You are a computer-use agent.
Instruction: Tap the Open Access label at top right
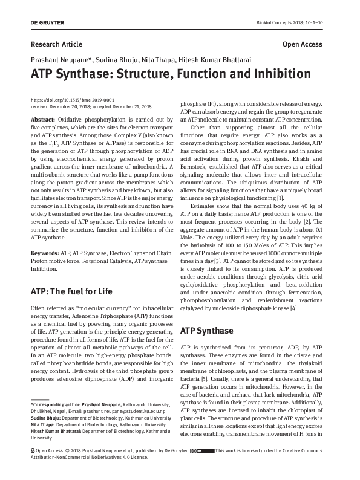[x=303, y=45]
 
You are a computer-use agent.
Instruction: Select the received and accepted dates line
[x=91, y=106]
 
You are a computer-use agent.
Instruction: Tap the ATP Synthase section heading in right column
[x=207, y=331]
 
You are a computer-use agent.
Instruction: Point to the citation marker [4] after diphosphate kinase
[x=294, y=308]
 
